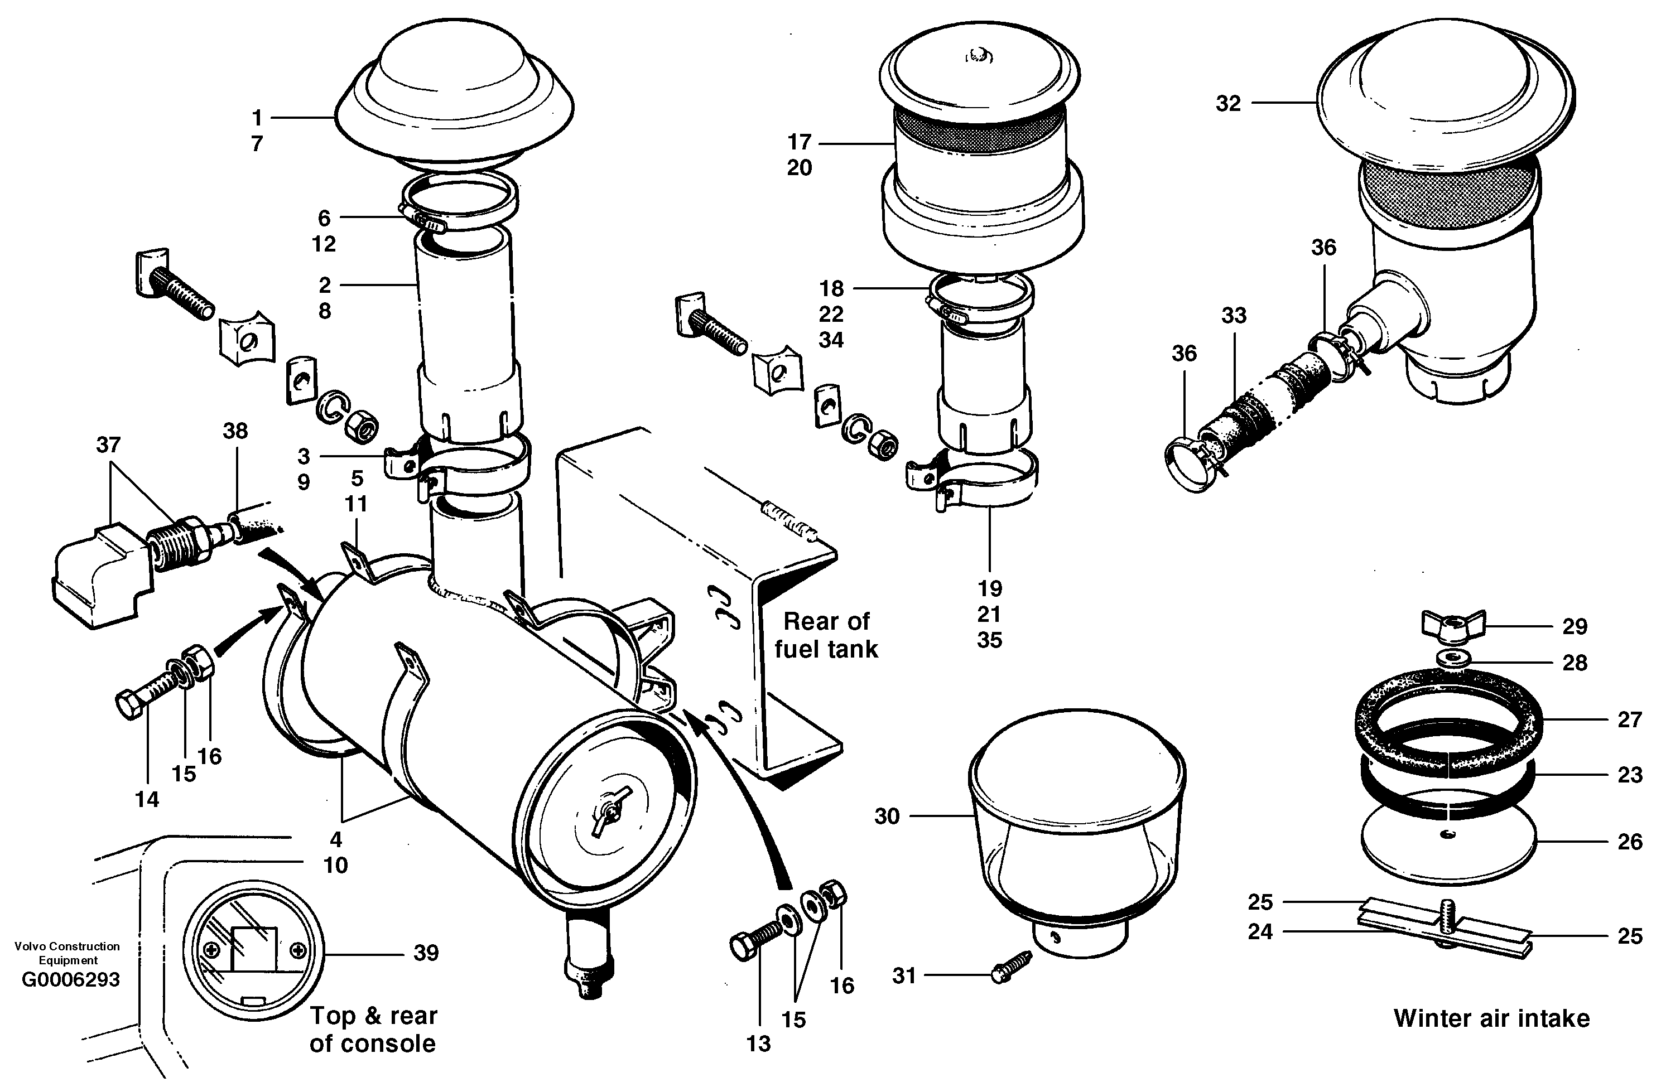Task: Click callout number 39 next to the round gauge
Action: (x=426, y=953)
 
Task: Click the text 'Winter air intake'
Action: (x=1491, y=1018)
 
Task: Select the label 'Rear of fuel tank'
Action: (x=826, y=635)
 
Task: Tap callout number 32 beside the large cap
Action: (x=1228, y=103)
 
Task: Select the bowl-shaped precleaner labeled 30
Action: (x=1076, y=837)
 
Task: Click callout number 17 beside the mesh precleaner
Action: (x=799, y=142)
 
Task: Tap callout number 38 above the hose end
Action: (x=235, y=431)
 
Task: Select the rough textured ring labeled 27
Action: (x=1448, y=722)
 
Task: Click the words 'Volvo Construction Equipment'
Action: (x=67, y=953)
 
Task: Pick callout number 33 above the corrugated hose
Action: (x=1233, y=315)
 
